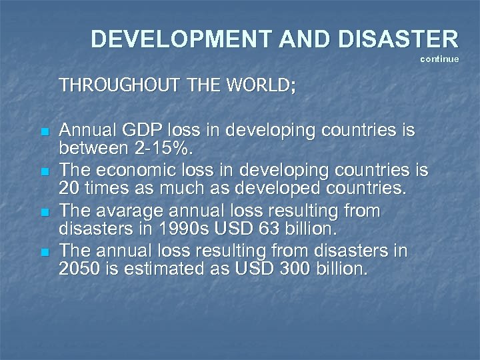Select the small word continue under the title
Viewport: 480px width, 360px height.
(439, 59)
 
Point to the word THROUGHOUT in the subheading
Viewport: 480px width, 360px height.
(107, 86)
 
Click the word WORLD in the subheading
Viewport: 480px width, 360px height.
(257, 86)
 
